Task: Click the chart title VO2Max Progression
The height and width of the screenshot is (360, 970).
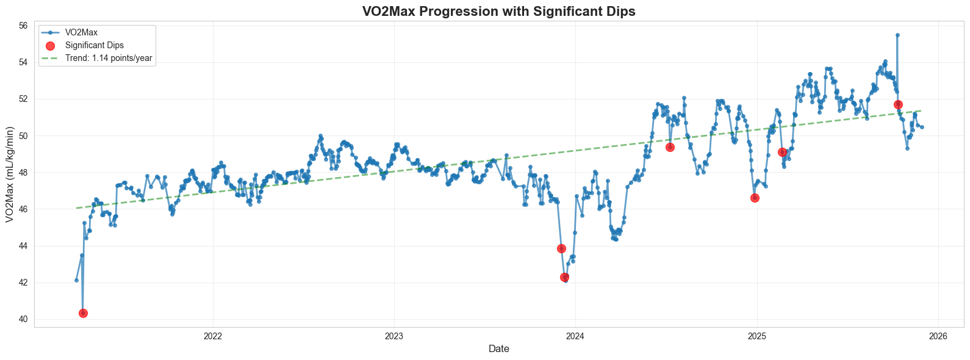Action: (498, 11)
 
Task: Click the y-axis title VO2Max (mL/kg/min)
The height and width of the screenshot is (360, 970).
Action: (10, 175)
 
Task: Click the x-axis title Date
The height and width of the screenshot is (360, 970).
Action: (498, 349)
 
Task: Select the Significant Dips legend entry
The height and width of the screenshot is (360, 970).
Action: (94, 45)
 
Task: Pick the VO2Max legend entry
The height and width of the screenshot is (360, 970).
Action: (81, 32)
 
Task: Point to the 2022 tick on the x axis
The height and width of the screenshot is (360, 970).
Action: (213, 336)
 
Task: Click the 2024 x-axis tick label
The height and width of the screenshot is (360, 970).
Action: (575, 336)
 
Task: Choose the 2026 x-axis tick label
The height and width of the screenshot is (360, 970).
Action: (938, 336)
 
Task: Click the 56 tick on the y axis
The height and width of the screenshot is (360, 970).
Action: (23, 26)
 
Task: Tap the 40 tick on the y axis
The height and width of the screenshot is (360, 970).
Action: (23, 319)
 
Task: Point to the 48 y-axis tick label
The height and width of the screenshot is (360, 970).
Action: (23, 173)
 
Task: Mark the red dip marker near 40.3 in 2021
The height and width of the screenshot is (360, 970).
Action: (83, 313)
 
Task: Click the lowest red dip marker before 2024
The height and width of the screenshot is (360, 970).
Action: (565, 277)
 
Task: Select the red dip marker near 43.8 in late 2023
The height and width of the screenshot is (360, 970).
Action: (561, 248)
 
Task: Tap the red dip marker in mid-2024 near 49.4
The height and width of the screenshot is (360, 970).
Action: (670, 147)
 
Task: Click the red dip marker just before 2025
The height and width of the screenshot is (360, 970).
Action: (755, 198)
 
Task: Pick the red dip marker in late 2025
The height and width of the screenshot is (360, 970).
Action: (898, 104)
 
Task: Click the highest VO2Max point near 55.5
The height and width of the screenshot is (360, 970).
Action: (897, 35)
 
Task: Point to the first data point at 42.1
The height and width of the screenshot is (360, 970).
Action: (76, 280)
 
